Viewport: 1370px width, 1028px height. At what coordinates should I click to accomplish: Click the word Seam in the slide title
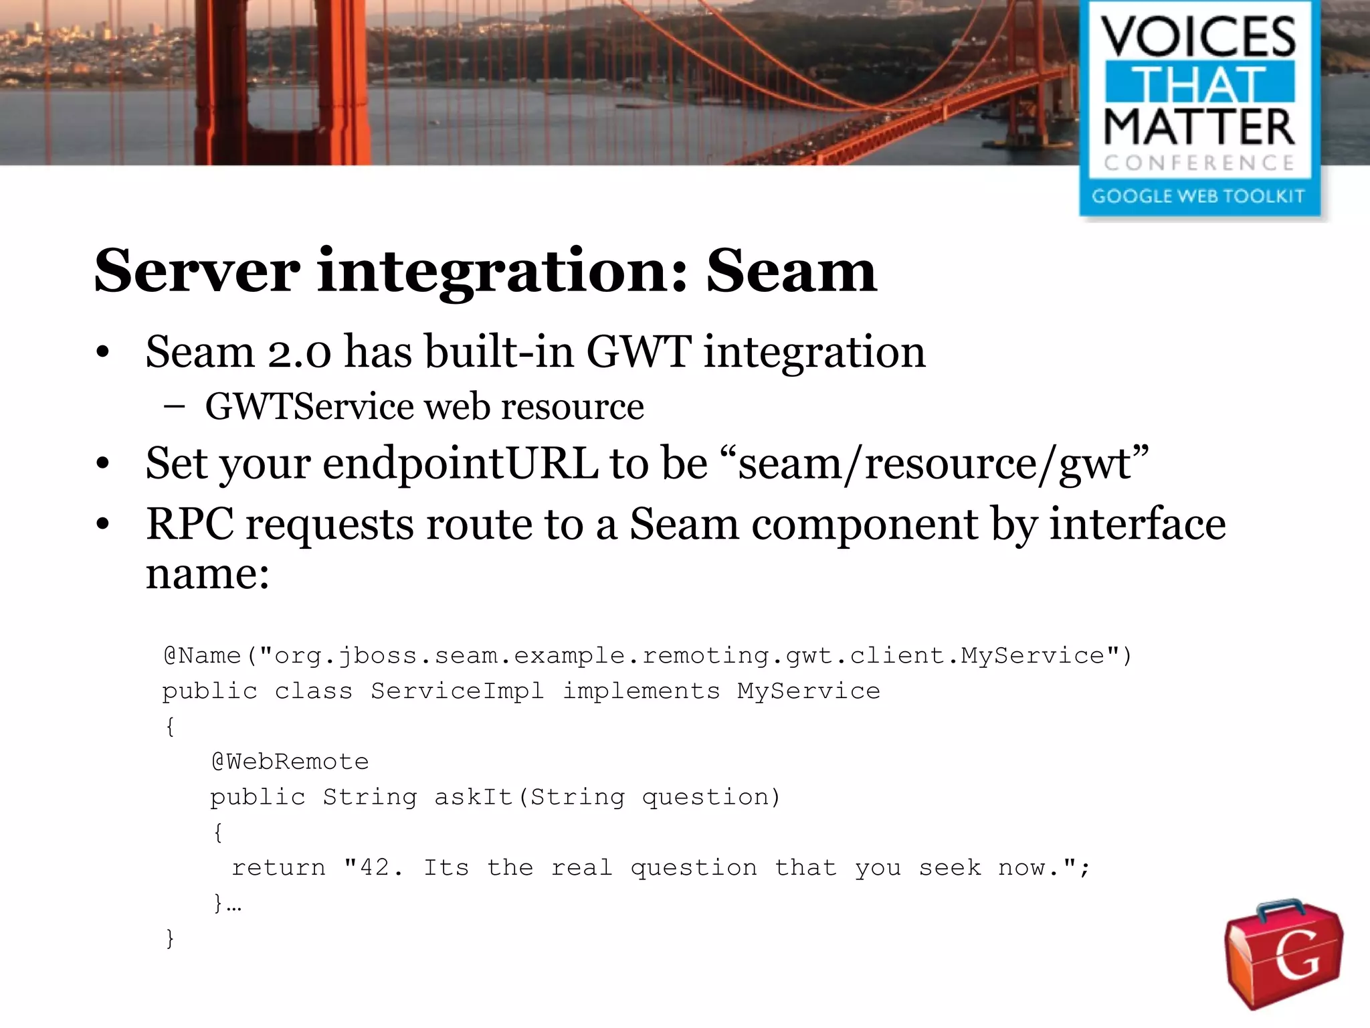coord(791,271)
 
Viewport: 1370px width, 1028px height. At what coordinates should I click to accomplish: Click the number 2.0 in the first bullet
coord(299,353)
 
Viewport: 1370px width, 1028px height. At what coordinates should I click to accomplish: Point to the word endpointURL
coord(460,463)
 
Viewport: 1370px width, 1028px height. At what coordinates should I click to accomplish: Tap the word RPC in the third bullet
coord(190,524)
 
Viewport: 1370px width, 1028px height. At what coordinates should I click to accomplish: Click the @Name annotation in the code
coord(202,655)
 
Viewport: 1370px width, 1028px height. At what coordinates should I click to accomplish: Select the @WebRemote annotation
coord(290,762)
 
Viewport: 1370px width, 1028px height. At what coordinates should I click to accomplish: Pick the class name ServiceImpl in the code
coord(458,691)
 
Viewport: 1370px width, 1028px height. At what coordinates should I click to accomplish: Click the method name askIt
coord(474,797)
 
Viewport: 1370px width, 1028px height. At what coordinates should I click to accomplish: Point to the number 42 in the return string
coord(374,868)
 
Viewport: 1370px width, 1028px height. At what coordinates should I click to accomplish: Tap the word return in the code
coord(278,868)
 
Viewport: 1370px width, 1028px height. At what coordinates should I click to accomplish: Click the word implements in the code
coord(641,691)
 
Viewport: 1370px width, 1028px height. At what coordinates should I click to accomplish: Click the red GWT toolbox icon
coord(1283,953)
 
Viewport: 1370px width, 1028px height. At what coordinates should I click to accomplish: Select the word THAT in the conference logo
coord(1199,84)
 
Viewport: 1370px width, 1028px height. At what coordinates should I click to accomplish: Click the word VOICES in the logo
coord(1199,37)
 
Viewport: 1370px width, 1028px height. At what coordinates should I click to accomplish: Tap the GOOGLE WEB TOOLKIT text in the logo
coord(1198,196)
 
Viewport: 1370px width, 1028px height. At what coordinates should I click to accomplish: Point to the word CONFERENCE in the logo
coord(1199,163)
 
